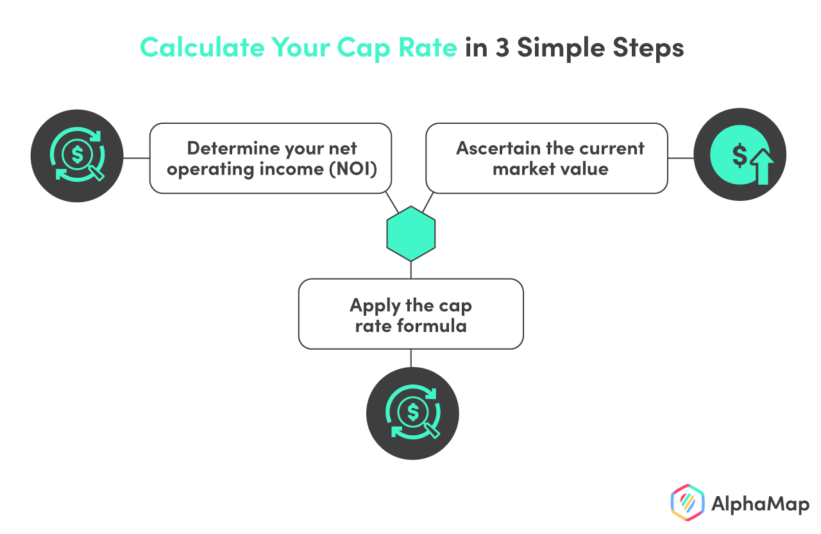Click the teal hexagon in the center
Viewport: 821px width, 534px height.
411,233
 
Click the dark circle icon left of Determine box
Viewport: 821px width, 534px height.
77,156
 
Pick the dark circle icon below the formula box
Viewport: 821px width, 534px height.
412,413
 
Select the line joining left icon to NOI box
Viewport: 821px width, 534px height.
136,157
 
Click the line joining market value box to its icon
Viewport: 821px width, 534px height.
681,157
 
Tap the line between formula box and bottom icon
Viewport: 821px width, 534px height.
411,358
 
